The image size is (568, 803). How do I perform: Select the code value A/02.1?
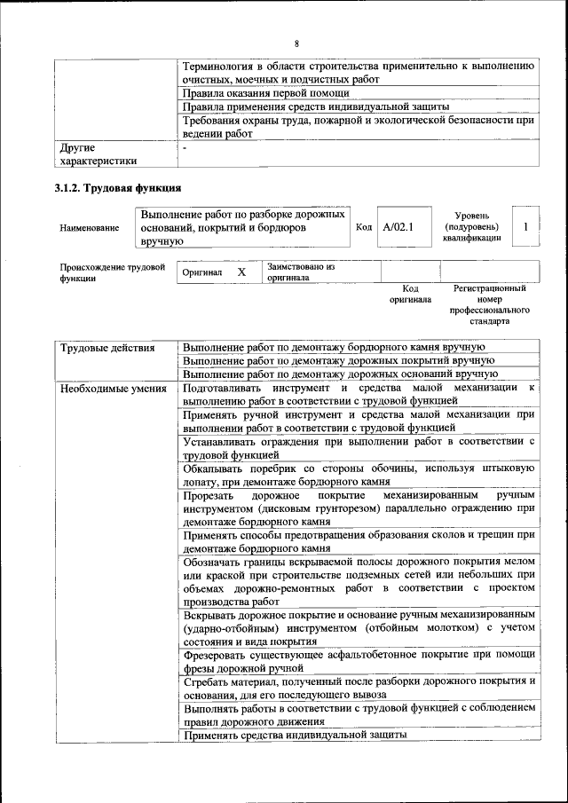pyautogui.click(x=393, y=227)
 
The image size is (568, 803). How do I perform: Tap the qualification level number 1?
pyautogui.click(x=526, y=227)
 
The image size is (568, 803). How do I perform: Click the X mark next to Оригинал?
pyautogui.click(x=241, y=272)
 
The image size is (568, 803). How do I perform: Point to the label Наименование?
pyautogui.click(x=90, y=228)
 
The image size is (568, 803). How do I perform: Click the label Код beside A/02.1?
pyautogui.click(x=364, y=227)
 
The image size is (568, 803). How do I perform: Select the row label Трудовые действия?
pyautogui.click(x=106, y=347)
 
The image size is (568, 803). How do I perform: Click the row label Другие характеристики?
pyautogui.click(x=98, y=154)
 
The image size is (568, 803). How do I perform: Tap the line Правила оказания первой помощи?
pyautogui.click(x=265, y=92)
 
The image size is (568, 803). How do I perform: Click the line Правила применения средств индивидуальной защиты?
pyautogui.click(x=316, y=106)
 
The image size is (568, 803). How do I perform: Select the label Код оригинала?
pyautogui.click(x=410, y=294)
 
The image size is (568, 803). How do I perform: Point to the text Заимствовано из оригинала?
pyautogui.click(x=300, y=272)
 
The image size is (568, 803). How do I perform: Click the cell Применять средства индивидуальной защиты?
pyautogui.click(x=295, y=735)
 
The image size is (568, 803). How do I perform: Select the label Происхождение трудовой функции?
pyautogui.click(x=112, y=272)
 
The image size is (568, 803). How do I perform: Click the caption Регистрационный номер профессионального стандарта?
pyautogui.click(x=489, y=304)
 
